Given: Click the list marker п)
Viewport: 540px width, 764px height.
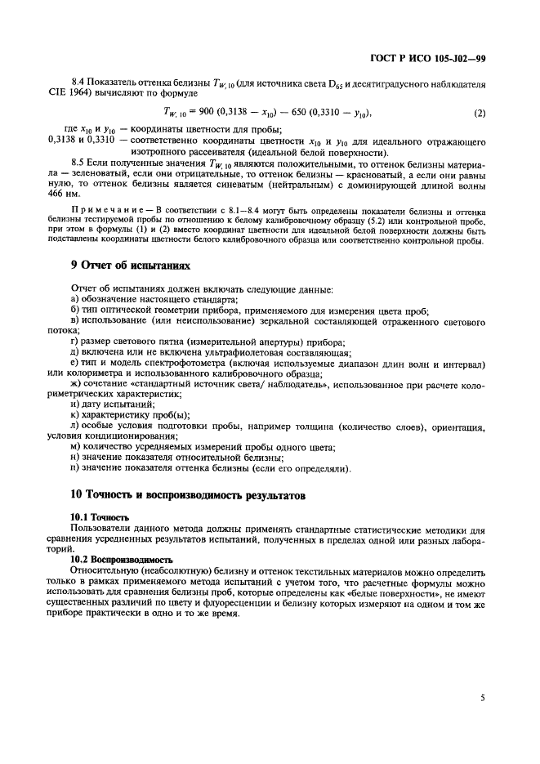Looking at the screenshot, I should (76, 468).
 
